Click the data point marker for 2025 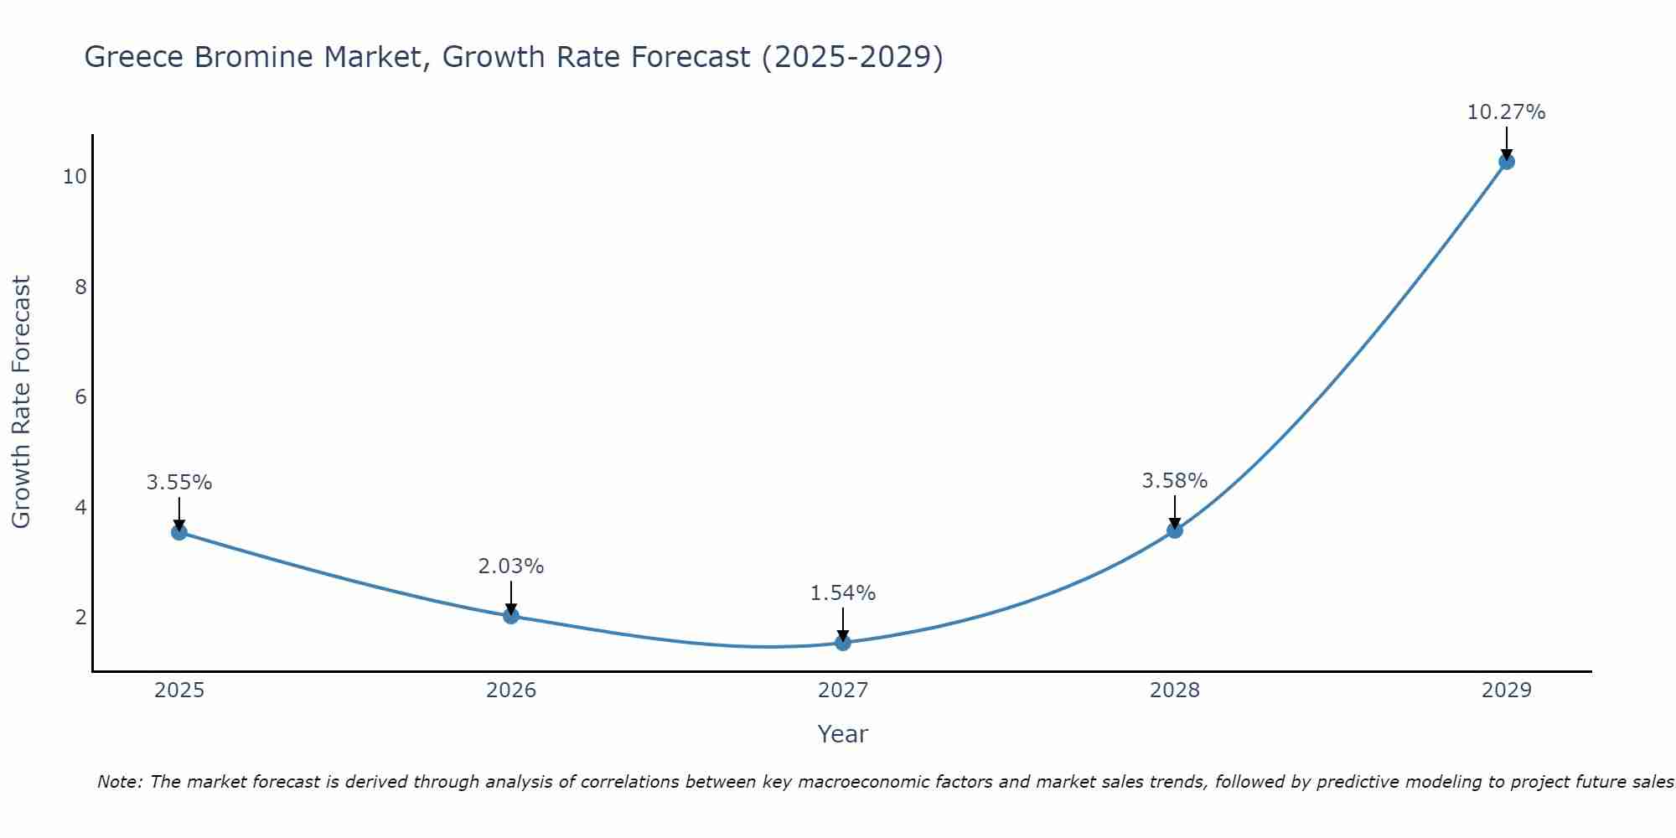click(179, 532)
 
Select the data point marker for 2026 click(511, 616)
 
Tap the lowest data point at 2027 click(843, 643)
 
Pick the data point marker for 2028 click(1175, 530)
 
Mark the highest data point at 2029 click(1507, 162)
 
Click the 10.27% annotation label click(1506, 112)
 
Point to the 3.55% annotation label click(179, 483)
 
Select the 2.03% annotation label click(511, 566)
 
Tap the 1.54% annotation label click(843, 593)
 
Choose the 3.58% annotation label click(1175, 481)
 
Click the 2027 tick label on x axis click(843, 691)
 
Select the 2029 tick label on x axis click(1507, 691)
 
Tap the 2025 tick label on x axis click(179, 691)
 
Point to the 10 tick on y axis click(75, 177)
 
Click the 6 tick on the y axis click(80, 397)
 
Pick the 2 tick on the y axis click(80, 618)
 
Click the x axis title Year click(843, 734)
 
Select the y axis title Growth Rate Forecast click(22, 402)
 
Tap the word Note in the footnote click(118, 782)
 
